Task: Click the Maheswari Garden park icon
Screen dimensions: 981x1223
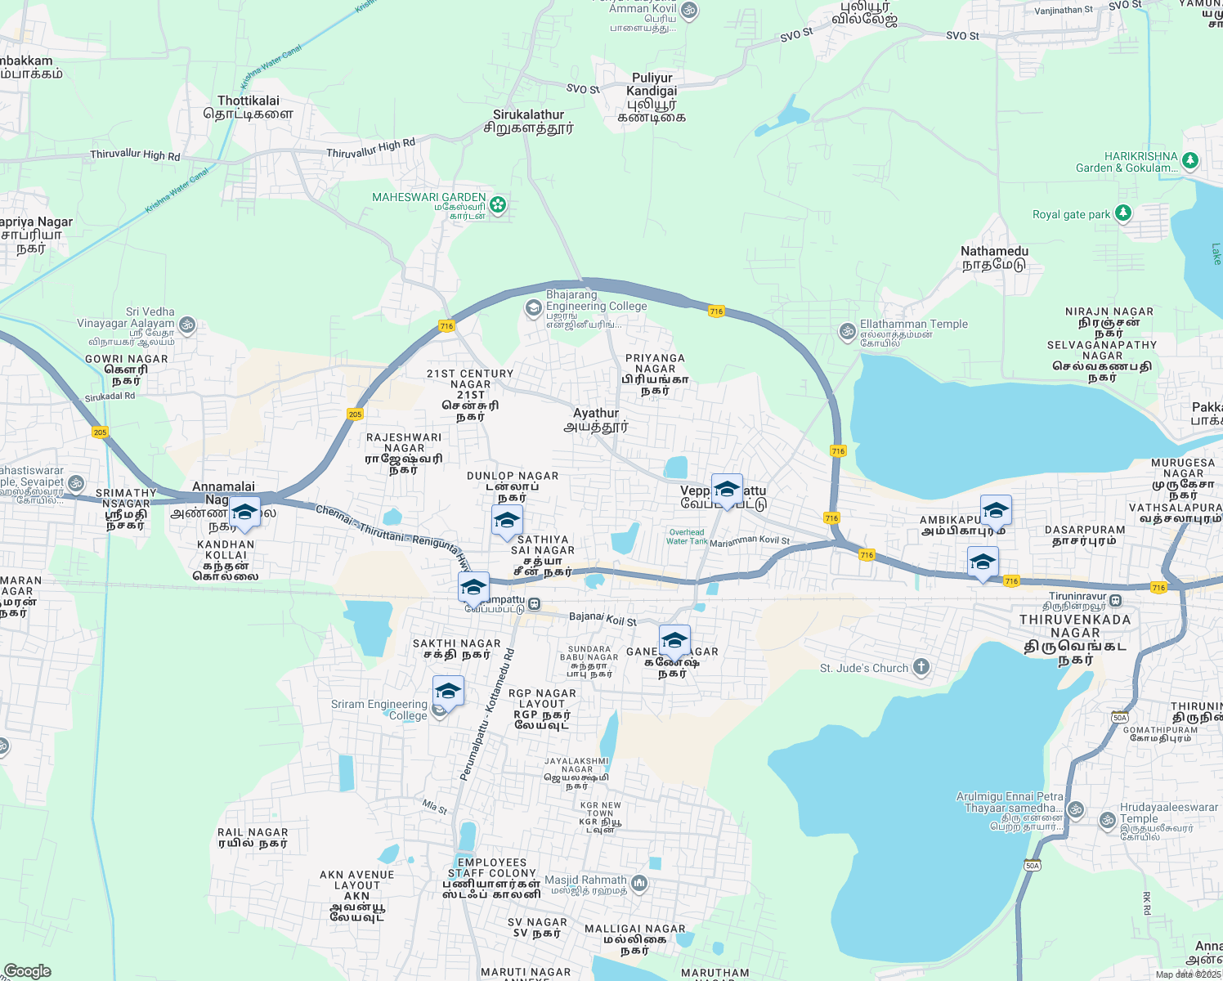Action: (498, 204)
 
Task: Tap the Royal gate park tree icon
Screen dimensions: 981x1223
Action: (1123, 213)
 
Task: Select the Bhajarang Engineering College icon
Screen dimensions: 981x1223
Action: (533, 307)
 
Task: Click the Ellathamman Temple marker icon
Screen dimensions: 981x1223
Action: (847, 331)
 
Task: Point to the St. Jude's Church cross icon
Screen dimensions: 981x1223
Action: (921, 667)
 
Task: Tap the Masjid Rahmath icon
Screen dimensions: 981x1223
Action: (639, 883)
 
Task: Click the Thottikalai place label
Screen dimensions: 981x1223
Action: (249, 107)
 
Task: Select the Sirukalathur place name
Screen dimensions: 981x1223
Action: (528, 121)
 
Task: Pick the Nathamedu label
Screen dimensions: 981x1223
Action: (994, 258)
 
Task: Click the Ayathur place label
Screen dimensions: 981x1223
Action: (596, 419)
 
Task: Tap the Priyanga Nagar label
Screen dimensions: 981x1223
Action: (655, 374)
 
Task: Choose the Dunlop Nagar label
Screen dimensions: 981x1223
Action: (513, 486)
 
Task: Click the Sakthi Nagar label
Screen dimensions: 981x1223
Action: (456, 648)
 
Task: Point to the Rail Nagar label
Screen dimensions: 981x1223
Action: (253, 837)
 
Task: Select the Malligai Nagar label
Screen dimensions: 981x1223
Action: (634, 938)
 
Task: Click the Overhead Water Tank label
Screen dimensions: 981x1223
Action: (687, 536)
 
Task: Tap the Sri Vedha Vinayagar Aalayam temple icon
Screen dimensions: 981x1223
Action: (187, 325)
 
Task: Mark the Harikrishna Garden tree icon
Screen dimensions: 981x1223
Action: (1190, 160)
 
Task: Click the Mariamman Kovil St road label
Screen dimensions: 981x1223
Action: (750, 541)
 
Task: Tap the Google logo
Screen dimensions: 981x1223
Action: (27, 970)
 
